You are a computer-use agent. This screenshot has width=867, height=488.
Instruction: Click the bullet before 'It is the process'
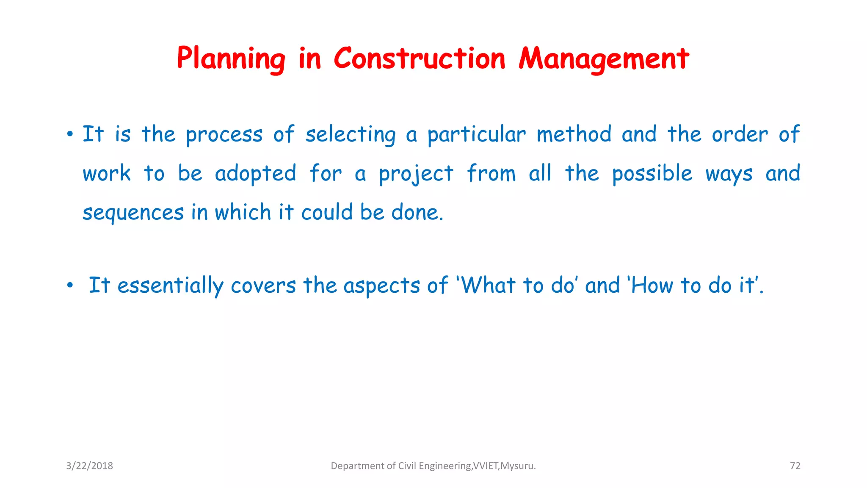(70, 135)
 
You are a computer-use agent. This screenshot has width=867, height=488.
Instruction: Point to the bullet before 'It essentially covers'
(70, 286)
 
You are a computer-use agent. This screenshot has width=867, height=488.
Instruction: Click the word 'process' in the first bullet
(224, 135)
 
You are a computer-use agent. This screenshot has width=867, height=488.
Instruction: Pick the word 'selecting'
(351, 135)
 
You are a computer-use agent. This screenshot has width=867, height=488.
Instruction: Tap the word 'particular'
(476, 135)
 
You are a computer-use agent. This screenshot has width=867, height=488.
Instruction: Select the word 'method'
(574, 134)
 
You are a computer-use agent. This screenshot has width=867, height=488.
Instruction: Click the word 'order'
(740, 134)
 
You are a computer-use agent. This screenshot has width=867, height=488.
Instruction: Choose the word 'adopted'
(255, 174)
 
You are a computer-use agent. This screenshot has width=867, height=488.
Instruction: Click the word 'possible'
(652, 174)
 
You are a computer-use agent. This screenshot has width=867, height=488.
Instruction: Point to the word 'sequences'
(133, 213)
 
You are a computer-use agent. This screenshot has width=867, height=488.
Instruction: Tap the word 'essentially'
(170, 286)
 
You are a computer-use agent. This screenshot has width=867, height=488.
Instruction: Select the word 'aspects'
(381, 286)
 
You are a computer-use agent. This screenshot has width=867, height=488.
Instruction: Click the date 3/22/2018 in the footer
(89, 466)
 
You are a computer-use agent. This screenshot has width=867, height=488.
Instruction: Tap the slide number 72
(795, 466)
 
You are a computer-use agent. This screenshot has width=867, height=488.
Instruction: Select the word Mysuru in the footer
(517, 466)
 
